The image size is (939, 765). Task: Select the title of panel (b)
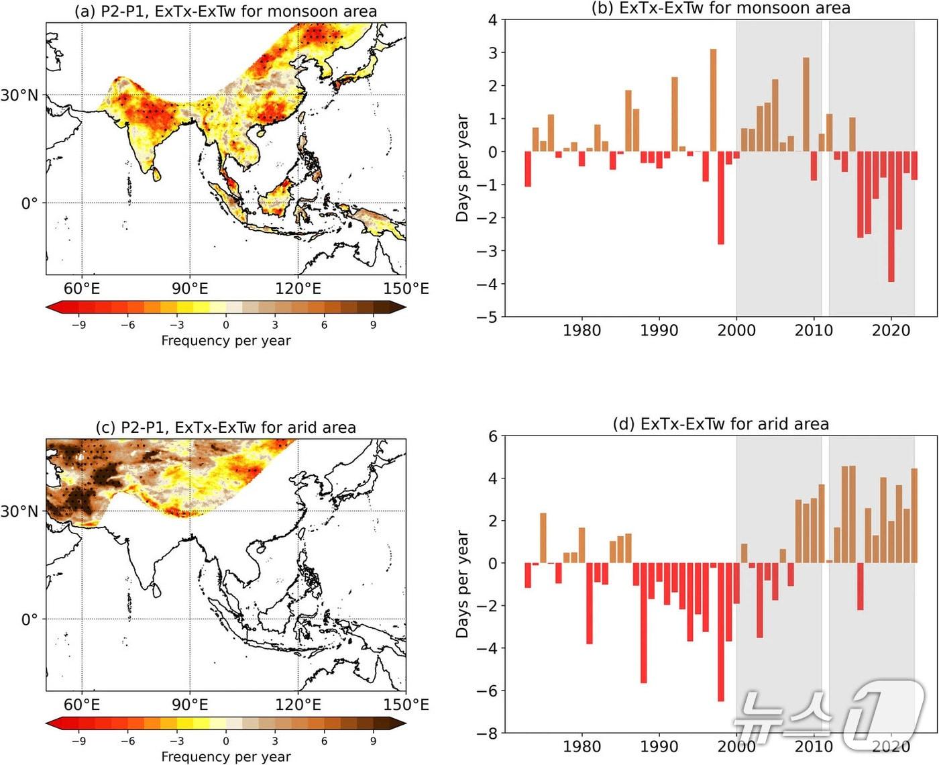click(x=721, y=9)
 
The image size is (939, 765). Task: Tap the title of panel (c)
click(x=225, y=428)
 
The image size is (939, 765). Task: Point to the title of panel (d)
click(x=721, y=425)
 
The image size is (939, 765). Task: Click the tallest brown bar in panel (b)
click(x=713, y=101)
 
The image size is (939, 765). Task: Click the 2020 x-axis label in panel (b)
click(x=891, y=330)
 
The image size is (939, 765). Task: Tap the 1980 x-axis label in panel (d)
click(x=582, y=746)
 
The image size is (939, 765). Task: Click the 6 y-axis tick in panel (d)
click(x=493, y=437)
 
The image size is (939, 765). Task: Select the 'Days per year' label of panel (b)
click(x=462, y=168)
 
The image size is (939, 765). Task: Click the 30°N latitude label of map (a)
click(x=19, y=95)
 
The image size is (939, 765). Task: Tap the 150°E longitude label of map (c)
click(x=406, y=705)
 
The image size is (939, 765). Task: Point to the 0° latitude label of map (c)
click(x=30, y=619)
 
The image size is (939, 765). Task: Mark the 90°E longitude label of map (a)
click(x=190, y=289)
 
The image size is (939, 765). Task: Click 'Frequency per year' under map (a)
click(x=226, y=341)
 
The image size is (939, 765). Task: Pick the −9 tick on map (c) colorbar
click(x=78, y=741)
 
